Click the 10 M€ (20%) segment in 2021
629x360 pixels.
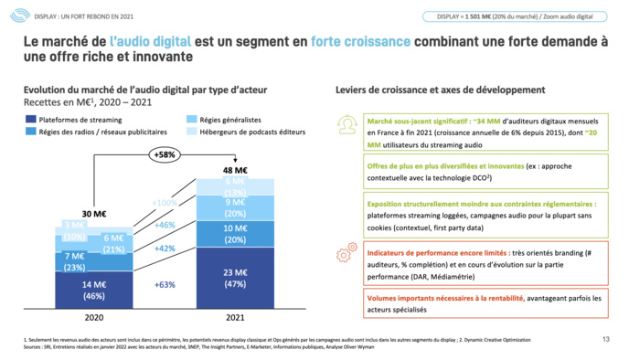click(235, 234)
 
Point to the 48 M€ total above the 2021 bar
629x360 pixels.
click(235, 169)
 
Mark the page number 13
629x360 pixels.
click(605, 340)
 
